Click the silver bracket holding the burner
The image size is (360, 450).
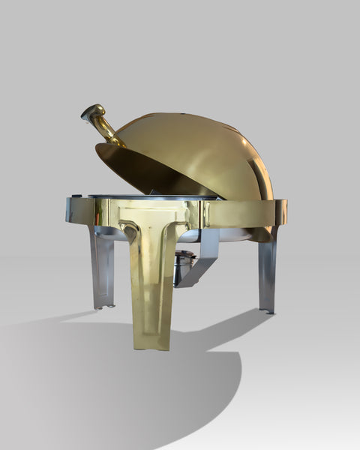click(202, 259)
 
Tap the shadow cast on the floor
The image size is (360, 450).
click(112, 382)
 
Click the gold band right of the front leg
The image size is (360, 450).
click(240, 213)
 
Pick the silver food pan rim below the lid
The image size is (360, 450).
click(150, 197)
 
